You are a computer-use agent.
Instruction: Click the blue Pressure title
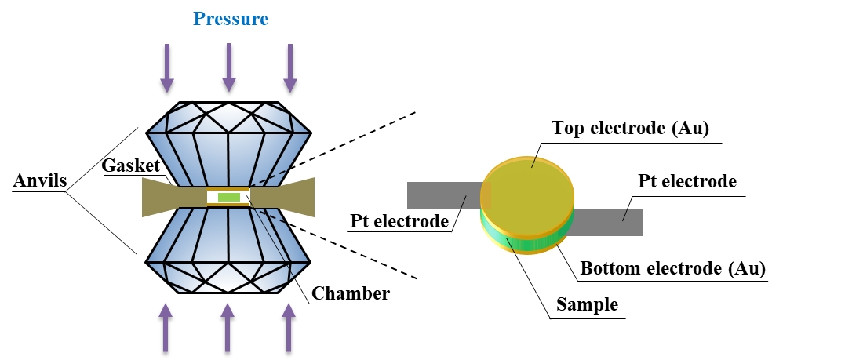[231, 18]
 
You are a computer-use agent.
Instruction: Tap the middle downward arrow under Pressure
[228, 67]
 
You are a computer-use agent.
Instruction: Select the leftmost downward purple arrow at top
[167, 67]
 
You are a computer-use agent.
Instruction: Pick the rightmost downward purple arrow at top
[289, 67]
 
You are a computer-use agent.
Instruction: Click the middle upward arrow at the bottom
[228, 327]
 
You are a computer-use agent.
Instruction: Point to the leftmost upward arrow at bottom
[166, 327]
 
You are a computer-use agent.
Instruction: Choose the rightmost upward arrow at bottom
[289, 327]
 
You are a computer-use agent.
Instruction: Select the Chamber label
[351, 294]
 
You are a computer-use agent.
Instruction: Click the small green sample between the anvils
[228, 197]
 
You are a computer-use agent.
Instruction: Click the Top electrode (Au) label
[631, 129]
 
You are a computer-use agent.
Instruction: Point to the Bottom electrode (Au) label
[672, 268]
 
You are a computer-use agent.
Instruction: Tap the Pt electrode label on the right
[686, 181]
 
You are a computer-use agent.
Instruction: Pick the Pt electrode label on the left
[400, 220]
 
